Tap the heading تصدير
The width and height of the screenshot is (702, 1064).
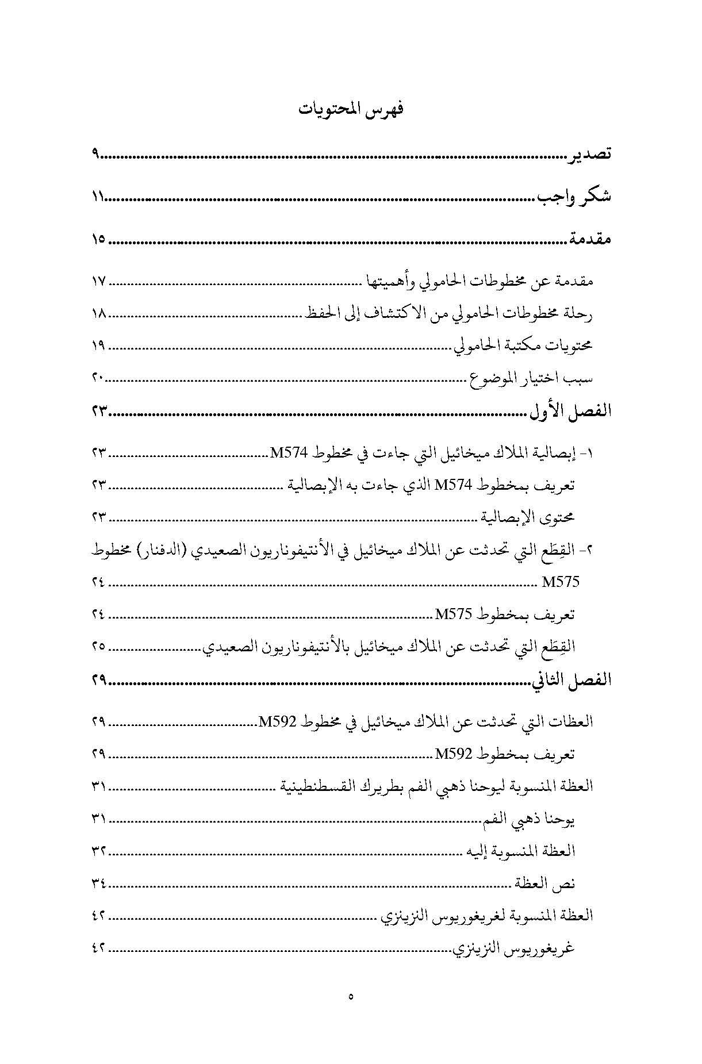point(590,155)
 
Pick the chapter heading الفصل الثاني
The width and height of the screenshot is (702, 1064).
point(570,680)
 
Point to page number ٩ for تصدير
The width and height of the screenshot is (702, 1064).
point(95,155)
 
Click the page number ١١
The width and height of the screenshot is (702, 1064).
point(97,197)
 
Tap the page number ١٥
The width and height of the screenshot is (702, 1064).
point(98,240)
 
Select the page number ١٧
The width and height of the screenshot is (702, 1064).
point(99,282)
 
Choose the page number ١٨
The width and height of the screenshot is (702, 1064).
point(99,314)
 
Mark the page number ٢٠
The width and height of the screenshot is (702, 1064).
point(98,378)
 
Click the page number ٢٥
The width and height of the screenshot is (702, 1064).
point(98,646)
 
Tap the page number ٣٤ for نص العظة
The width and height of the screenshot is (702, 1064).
point(98,883)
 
